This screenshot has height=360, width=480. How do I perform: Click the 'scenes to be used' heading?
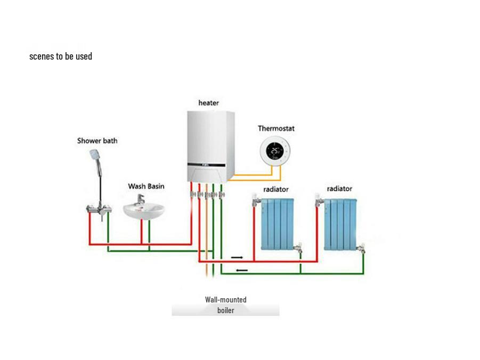(x=61, y=56)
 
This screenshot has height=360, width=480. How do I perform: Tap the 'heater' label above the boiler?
(x=208, y=103)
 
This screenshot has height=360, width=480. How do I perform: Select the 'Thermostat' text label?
(x=276, y=128)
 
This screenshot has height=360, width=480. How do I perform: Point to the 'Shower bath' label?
(x=97, y=141)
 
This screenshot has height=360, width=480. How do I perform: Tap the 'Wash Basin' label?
(x=146, y=186)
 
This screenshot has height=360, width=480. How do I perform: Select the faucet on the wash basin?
(x=141, y=200)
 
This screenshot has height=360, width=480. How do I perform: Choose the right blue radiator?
(x=341, y=224)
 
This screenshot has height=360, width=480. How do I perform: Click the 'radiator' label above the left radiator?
(x=276, y=189)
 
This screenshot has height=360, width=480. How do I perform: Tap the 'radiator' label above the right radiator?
(x=339, y=189)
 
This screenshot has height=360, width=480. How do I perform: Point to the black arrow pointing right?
(x=238, y=257)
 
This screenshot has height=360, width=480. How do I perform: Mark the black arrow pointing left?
(x=241, y=270)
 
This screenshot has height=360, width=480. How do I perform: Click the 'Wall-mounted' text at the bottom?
(x=225, y=300)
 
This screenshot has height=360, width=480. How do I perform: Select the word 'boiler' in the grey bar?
(x=225, y=310)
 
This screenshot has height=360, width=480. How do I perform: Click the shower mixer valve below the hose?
(x=99, y=209)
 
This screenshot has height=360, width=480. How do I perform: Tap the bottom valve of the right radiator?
(x=362, y=248)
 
